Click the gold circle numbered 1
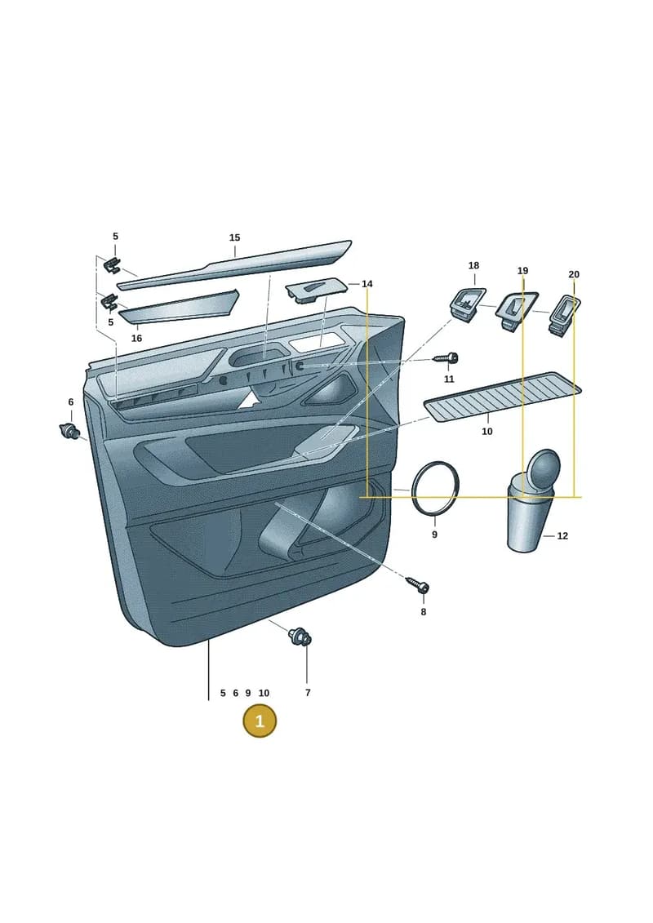[x=259, y=721]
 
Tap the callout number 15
[x=234, y=237]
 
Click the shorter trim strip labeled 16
[x=179, y=307]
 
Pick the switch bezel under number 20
[x=564, y=316]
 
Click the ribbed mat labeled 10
[x=502, y=396]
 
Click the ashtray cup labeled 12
[x=531, y=501]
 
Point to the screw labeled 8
[x=418, y=586]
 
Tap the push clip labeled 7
[x=300, y=637]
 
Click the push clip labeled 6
[x=70, y=431]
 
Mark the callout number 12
[x=562, y=535]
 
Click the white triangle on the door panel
[x=251, y=400]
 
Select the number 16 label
[x=136, y=339]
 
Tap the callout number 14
[x=366, y=284]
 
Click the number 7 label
[x=308, y=693]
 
